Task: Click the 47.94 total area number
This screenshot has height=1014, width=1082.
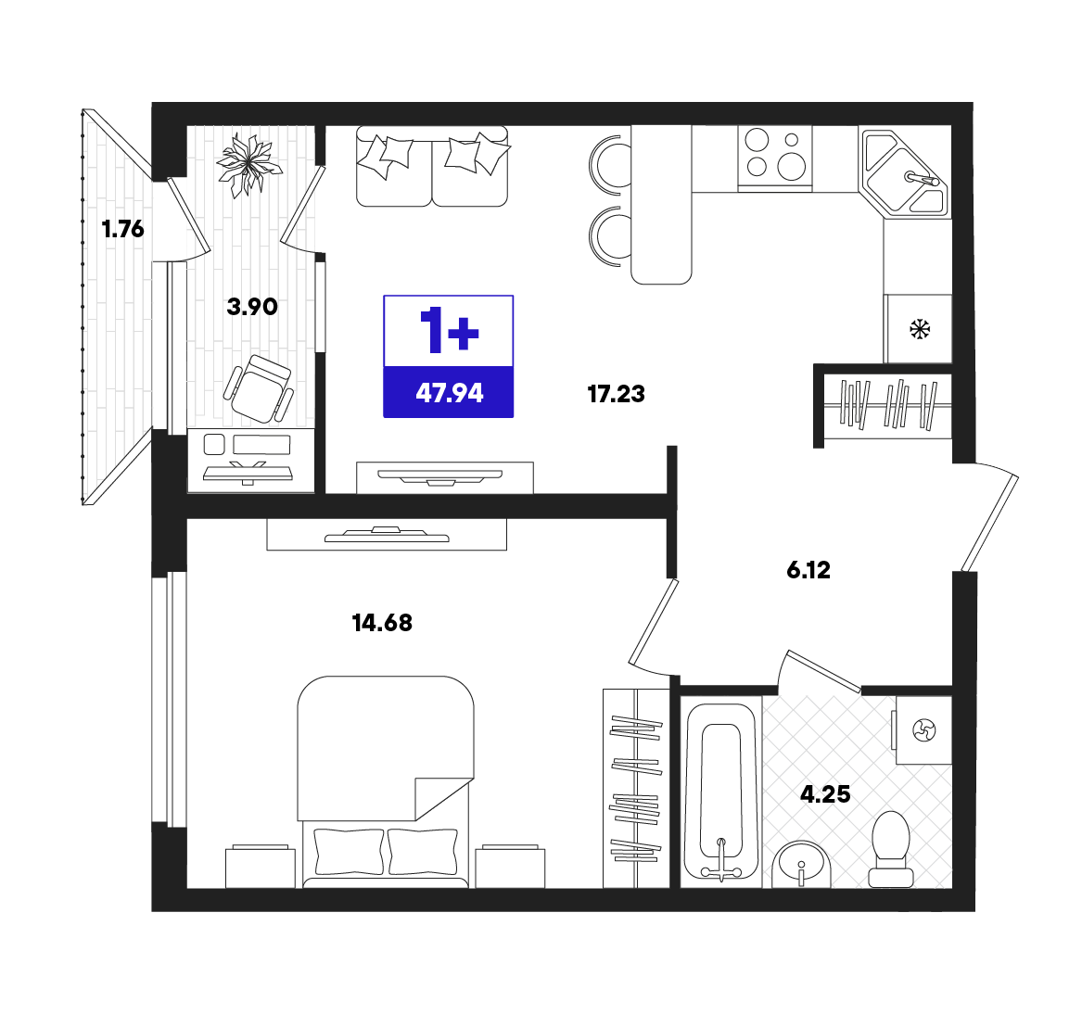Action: tap(450, 393)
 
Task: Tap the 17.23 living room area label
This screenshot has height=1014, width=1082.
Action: tap(617, 394)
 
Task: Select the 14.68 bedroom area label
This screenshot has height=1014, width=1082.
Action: tap(382, 623)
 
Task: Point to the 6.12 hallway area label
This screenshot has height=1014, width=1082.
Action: tap(808, 570)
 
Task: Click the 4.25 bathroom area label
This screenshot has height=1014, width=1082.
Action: tap(825, 794)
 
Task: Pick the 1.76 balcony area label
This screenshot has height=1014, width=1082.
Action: tap(122, 228)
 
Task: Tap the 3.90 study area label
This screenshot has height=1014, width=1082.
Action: tap(252, 306)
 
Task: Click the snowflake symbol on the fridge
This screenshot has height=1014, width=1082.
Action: tap(920, 329)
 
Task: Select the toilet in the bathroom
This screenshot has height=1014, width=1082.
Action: tap(891, 849)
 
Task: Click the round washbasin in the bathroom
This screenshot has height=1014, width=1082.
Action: tap(801, 865)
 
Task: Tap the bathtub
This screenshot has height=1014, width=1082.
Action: tap(721, 792)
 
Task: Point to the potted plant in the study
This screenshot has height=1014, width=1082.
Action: tap(248, 165)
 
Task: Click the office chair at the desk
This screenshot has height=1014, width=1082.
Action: tap(259, 388)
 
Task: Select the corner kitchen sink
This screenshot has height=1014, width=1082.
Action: tap(905, 172)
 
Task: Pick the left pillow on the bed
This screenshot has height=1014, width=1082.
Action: tap(349, 851)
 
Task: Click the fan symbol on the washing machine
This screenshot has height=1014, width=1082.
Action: tap(924, 729)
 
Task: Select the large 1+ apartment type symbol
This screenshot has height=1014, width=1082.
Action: tap(450, 332)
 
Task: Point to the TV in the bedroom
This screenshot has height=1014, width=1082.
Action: tap(387, 535)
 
